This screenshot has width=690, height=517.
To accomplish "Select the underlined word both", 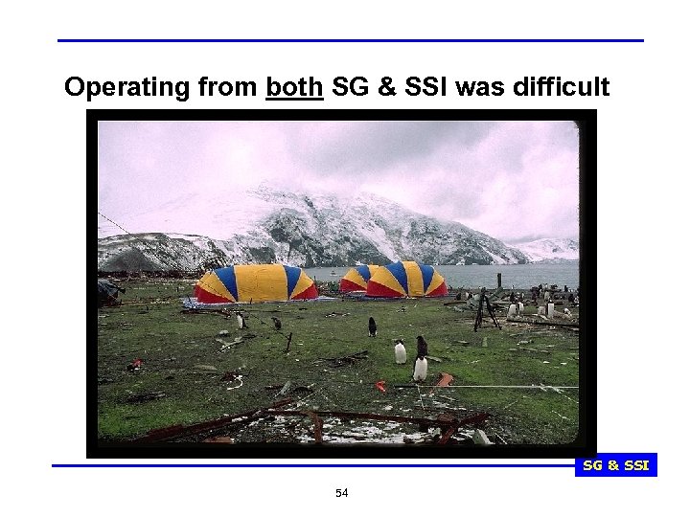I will [x=295, y=88].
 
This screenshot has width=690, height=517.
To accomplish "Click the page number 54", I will [x=342, y=493].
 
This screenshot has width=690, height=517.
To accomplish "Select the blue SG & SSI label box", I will [x=615, y=465].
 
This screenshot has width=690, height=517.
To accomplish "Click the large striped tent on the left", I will [x=254, y=283].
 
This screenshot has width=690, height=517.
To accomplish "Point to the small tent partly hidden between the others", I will [x=354, y=278].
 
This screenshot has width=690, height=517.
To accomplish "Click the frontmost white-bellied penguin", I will [x=420, y=368].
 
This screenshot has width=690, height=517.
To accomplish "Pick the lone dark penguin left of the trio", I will [x=372, y=326].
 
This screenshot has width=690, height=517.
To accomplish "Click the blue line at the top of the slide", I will [x=350, y=41].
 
